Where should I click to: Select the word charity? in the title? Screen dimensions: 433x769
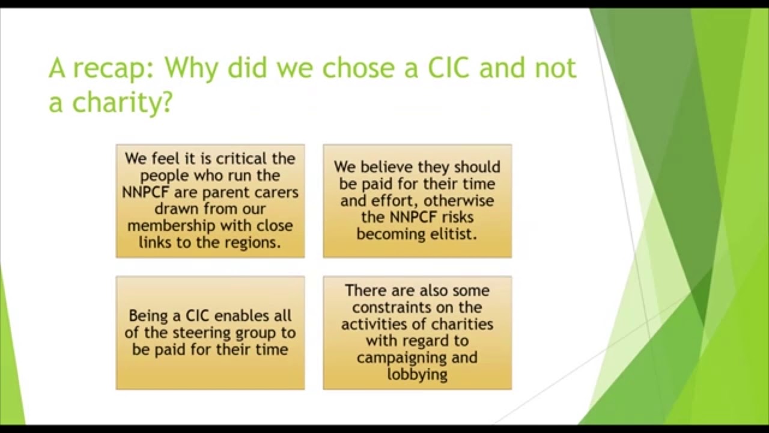click(123, 103)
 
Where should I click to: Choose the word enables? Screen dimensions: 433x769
click(243, 316)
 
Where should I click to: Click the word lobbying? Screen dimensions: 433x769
click(417, 374)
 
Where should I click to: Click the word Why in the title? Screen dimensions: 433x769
click(192, 68)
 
